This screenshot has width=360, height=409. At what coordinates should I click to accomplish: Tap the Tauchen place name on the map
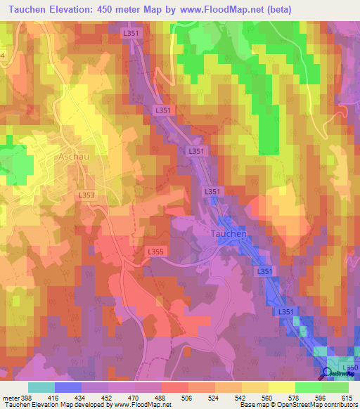(229, 233)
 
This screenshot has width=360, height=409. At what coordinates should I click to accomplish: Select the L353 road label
(88, 194)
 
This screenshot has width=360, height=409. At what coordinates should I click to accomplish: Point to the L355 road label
(155, 251)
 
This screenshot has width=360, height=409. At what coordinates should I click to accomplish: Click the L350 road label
(349, 368)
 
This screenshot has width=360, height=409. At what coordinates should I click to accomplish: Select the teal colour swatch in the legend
(41, 387)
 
